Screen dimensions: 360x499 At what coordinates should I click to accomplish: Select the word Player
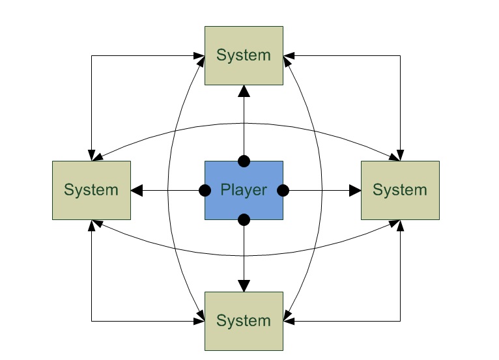tap(244, 190)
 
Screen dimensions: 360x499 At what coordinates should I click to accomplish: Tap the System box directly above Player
tap(244, 55)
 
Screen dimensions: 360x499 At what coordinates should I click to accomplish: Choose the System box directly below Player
tap(244, 321)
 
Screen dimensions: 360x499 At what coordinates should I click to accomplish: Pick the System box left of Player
tap(91, 190)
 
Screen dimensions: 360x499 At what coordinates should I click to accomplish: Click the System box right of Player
tap(400, 190)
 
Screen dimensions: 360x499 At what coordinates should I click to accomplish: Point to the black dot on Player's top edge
tap(244, 161)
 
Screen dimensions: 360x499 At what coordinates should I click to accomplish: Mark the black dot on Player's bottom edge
tap(244, 219)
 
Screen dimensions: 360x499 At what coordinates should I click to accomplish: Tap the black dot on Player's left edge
tap(205, 190)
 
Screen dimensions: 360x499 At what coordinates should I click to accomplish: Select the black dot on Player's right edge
tap(283, 190)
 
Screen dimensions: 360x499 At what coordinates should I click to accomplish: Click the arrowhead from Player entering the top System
tap(244, 90)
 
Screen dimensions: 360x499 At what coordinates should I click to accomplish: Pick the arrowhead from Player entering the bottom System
tap(244, 286)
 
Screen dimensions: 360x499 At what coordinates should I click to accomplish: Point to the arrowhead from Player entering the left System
tap(137, 190)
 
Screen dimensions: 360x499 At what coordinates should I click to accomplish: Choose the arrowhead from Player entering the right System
tap(355, 190)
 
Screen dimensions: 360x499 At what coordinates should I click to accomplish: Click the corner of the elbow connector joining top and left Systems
tap(91, 55)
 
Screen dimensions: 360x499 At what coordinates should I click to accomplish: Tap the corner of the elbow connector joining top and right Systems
tap(400, 55)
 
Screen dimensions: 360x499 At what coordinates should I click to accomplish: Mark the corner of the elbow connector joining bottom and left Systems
tap(91, 321)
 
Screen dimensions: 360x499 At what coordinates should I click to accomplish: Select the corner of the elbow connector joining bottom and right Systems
tap(400, 321)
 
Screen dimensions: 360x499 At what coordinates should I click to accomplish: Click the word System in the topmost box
tap(244, 55)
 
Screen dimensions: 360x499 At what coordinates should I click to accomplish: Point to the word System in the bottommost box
tap(244, 321)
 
